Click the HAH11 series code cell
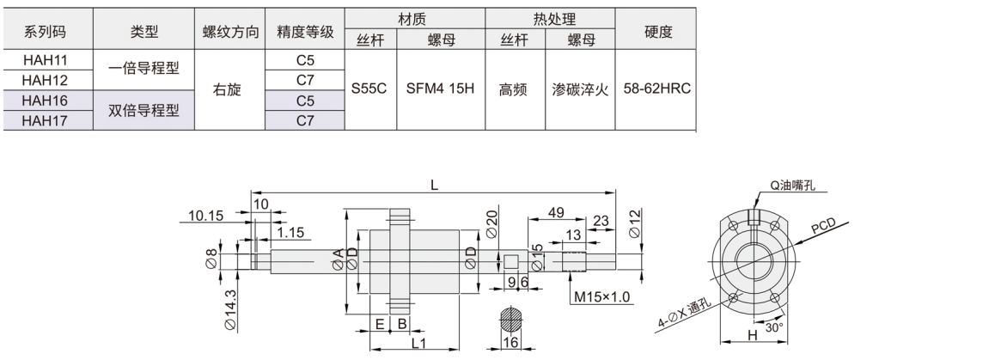[x=45, y=60]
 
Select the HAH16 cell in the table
[x=45, y=101]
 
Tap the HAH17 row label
[x=45, y=120]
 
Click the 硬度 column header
[x=657, y=31]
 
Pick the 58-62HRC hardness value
[x=657, y=88]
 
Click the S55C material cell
[x=369, y=88]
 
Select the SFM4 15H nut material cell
[x=441, y=88]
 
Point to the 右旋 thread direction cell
[x=228, y=89]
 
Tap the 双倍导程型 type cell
[x=143, y=111]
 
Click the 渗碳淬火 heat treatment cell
[x=580, y=89]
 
